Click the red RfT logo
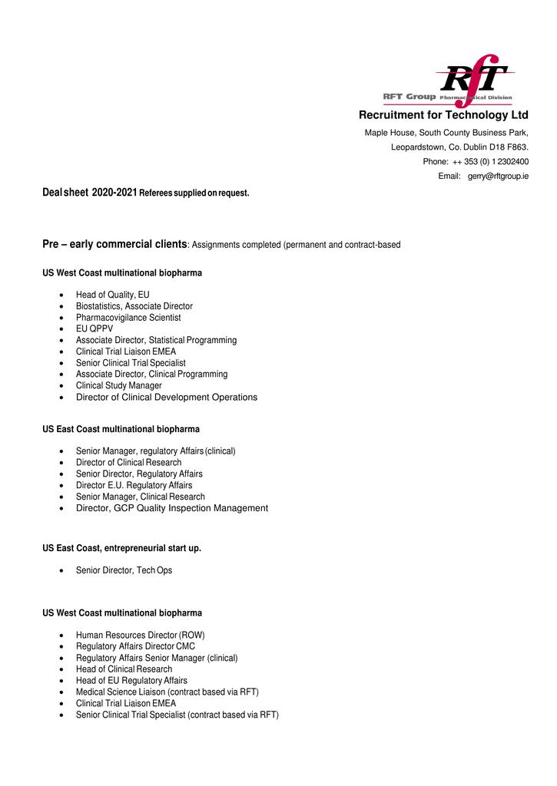(x=471, y=77)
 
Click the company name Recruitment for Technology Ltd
(x=443, y=115)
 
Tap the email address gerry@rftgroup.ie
(x=498, y=177)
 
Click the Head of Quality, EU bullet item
(x=112, y=295)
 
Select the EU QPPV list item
(x=94, y=329)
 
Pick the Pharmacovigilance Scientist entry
(x=128, y=318)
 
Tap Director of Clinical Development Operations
(x=166, y=398)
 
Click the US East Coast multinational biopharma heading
(x=121, y=429)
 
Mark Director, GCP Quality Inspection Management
(x=171, y=508)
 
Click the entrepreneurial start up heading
(x=121, y=548)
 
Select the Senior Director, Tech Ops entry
(x=124, y=570)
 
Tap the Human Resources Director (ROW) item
(x=140, y=636)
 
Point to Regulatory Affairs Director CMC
(x=135, y=646)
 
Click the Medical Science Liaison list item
(x=167, y=692)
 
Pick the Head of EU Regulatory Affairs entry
(x=131, y=681)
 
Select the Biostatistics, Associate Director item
(x=134, y=306)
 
